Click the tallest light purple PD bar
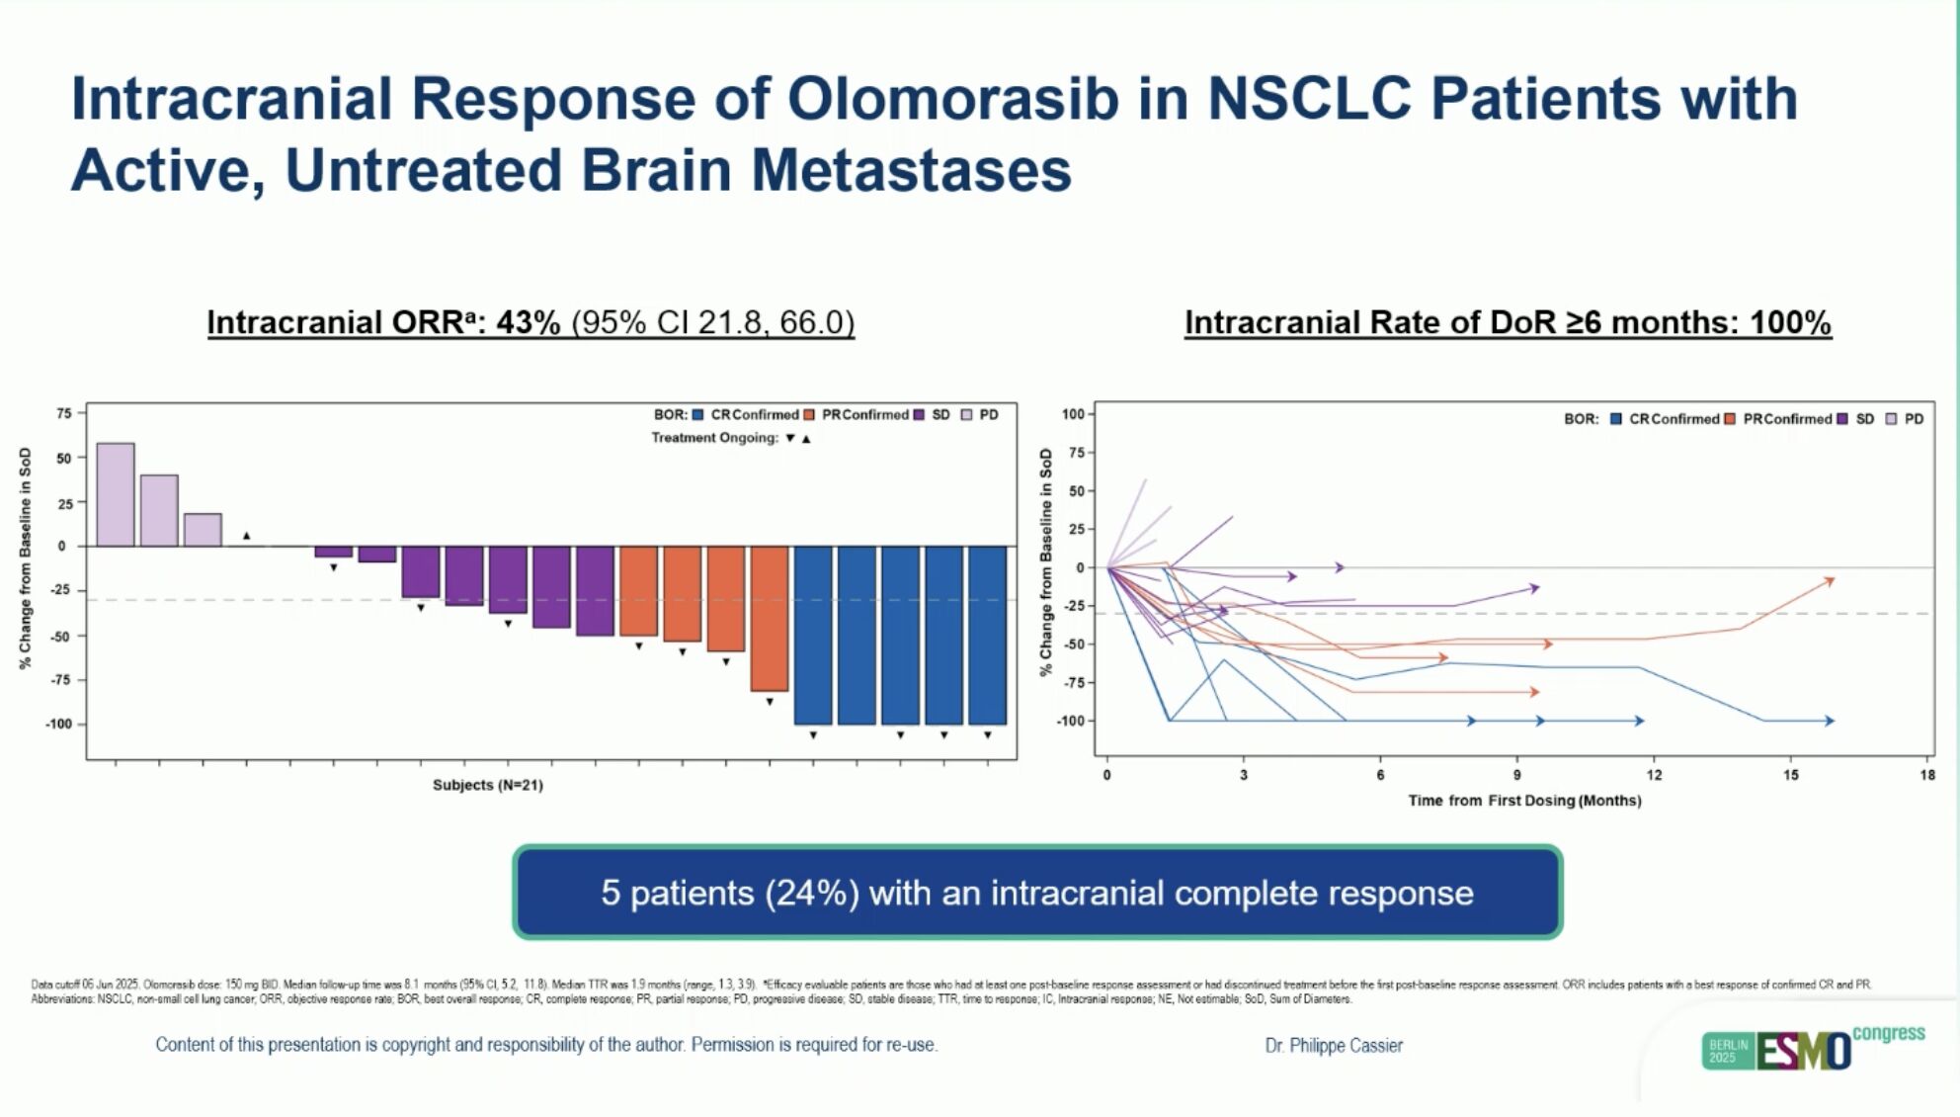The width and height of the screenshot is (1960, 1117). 116,494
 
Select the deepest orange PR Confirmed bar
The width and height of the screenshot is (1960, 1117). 770,618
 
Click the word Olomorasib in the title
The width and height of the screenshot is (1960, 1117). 952,100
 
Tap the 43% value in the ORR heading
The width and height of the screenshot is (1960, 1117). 528,323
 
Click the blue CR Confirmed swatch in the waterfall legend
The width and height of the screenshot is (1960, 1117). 698,415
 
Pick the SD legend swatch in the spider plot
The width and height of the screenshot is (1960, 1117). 1843,419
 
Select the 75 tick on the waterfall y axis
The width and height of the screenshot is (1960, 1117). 64,413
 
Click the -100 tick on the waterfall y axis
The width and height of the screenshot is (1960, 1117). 59,725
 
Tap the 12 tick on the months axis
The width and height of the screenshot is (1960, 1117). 1654,776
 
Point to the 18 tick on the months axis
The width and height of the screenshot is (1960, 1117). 1927,776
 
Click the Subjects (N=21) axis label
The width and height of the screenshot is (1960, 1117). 488,785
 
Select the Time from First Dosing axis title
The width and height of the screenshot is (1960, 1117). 1524,801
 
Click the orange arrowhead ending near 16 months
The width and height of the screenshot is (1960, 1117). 1830,581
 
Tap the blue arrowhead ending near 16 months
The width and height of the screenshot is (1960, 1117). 1830,722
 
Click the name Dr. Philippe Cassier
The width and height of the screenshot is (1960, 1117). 1334,1046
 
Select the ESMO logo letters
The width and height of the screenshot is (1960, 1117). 1803,1052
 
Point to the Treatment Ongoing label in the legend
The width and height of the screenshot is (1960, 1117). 714,438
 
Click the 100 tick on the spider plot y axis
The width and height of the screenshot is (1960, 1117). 1073,414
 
